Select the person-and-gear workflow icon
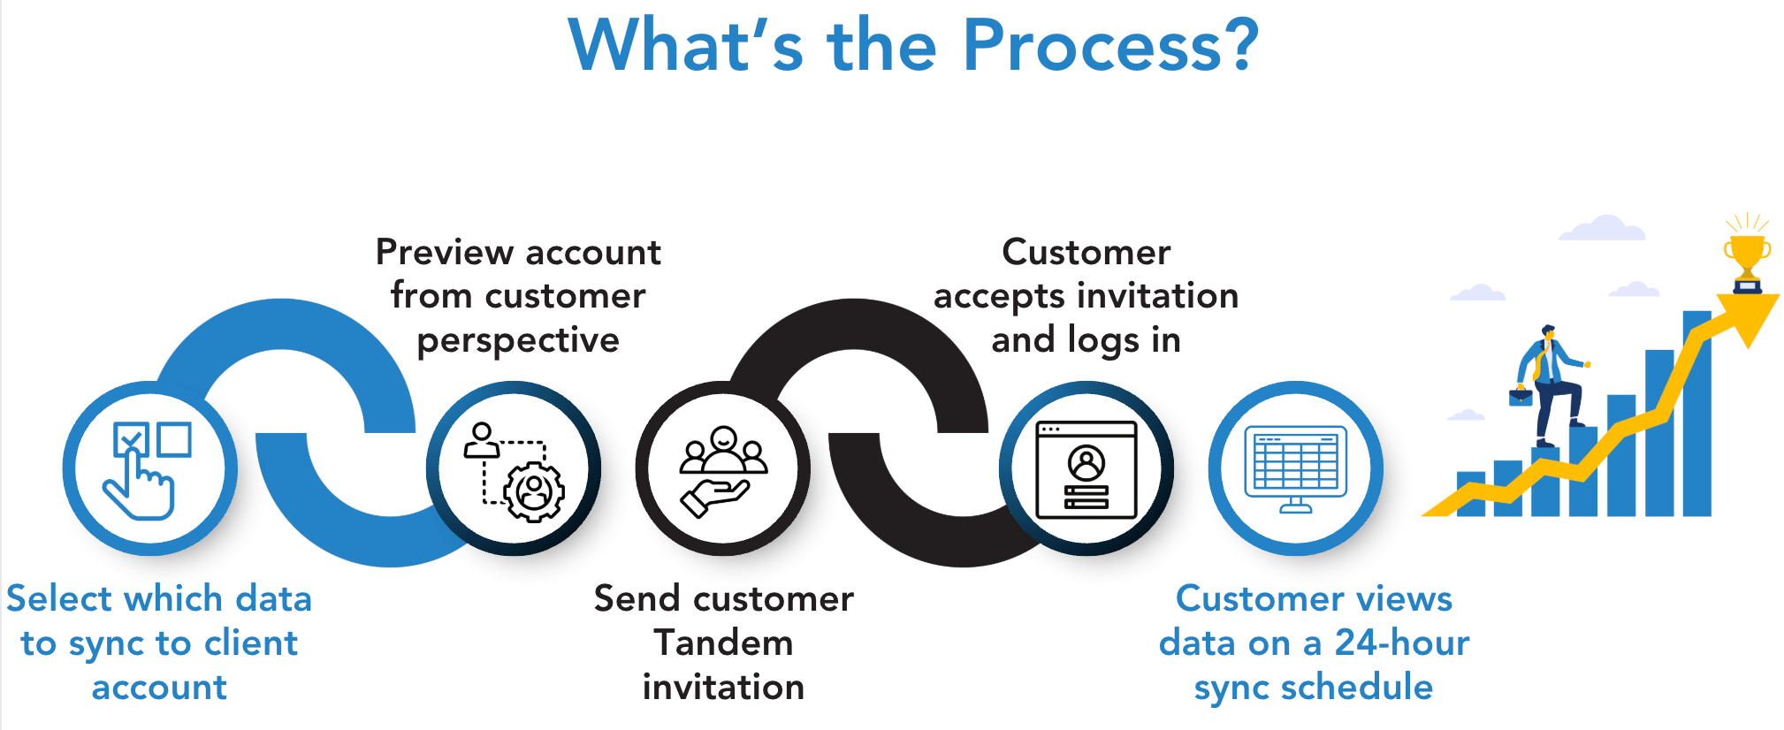pyautogui.click(x=514, y=469)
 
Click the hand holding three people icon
pyautogui.click(x=722, y=469)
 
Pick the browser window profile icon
pyautogui.click(x=1086, y=469)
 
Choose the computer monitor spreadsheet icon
pyautogui.click(x=1295, y=469)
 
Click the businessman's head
pyautogui.click(x=1548, y=332)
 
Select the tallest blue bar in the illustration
pyautogui.click(x=1696, y=415)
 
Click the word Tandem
pyautogui.click(x=723, y=643)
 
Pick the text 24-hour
pyautogui.click(x=1401, y=643)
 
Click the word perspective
pyautogui.click(x=518, y=341)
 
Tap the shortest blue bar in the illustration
pyautogui.click(x=1470, y=495)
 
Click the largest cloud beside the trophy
pyautogui.click(x=1603, y=228)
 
